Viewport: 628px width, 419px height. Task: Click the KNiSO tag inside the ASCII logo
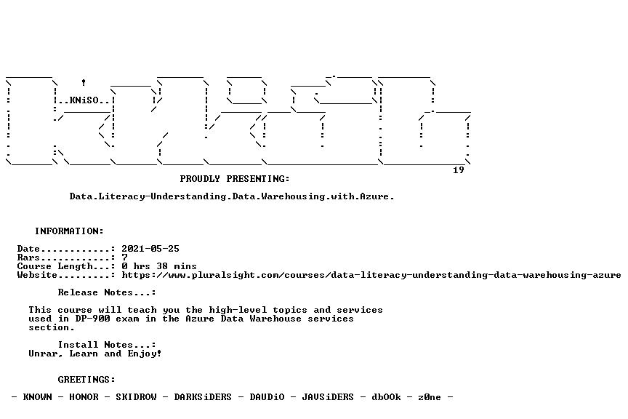click(84, 100)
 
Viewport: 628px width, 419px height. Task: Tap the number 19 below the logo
click(459, 170)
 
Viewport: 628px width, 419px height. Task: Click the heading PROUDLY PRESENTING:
click(235, 179)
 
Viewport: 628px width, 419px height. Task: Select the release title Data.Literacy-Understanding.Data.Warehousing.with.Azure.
click(232, 196)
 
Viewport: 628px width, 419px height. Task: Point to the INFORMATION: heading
click(69, 231)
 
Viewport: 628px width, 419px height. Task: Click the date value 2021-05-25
click(150, 249)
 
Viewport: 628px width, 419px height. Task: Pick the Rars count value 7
click(124, 258)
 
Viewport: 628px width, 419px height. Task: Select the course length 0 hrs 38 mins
click(159, 266)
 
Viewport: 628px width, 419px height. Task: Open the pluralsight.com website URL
click(371, 275)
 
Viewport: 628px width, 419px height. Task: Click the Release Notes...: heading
click(107, 292)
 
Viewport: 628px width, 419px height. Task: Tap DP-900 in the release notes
click(92, 319)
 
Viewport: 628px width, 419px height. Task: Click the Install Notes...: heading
click(107, 345)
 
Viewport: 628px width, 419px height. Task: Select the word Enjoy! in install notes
click(145, 354)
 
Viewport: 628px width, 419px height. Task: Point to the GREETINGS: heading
click(86, 380)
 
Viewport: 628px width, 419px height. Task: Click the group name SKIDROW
click(136, 397)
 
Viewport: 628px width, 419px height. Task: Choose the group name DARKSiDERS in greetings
click(203, 397)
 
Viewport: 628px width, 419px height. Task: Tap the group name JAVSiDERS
click(328, 397)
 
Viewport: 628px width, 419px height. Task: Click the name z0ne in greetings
click(430, 397)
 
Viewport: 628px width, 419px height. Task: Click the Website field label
click(37, 275)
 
